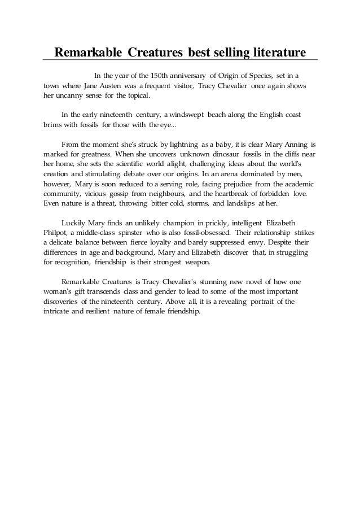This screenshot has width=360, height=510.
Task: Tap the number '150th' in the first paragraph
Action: pos(163,75)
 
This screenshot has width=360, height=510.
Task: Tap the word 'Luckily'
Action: pos(74,223)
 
